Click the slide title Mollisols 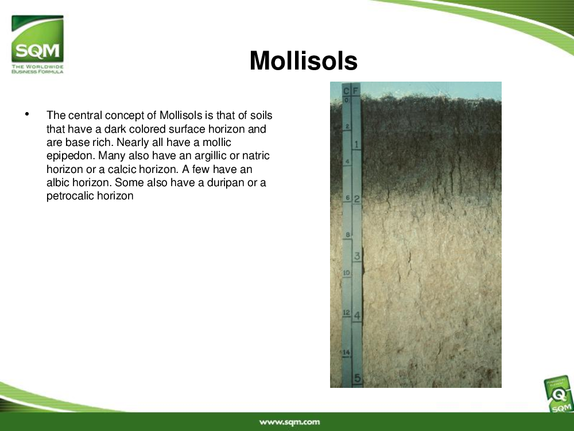(304, 60)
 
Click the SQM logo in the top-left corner (37, 44)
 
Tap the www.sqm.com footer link (289, 422)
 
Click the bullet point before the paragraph (27, 114)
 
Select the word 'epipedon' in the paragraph (71, 156)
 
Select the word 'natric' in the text (256, 156)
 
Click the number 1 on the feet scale (356, 144)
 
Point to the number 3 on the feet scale (357, 256)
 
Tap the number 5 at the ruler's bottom (357, 378)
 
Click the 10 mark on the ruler (346, 272)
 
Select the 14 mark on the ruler (346, 352)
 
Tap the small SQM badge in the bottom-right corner (559, 395)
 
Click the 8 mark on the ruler (348, 234)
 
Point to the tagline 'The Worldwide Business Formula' (37, 69)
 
